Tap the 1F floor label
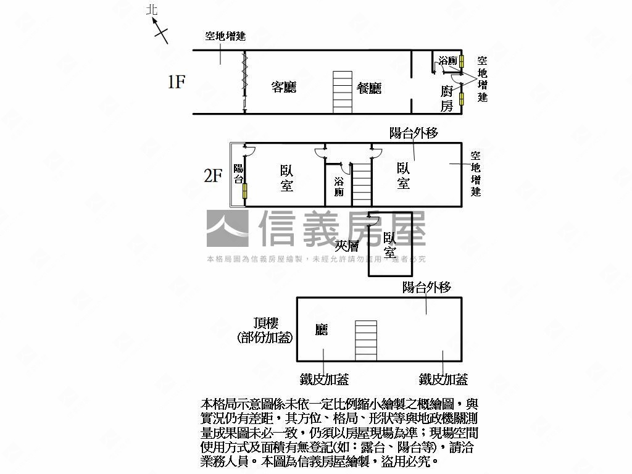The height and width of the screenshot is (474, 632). pyautogui.click(x=177, y=81)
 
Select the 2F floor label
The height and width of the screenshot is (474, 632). pyautogui.click(x=213, y=176)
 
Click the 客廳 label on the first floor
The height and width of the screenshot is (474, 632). pyautogui.click(x=284, y=88)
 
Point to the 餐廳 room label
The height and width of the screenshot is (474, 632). pyautogui.click(x=369, y=88)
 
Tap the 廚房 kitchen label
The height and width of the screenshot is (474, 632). pyautogui.click(x=447, y=99)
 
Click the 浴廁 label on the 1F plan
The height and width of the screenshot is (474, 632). pyautogui.click(x=447, y=61)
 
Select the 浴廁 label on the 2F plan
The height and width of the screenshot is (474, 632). pyautogui.click(x=339, y=186)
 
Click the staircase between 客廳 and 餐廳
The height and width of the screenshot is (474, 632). pyautogui.click(x=343, y=92)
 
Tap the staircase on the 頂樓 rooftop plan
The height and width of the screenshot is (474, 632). pyautogui.click(x=365, y=340)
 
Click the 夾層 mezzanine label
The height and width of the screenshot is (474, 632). pyautogui.click(x=347, y=246)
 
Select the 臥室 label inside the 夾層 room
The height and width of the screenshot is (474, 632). pyautogui.click(x=390, y=246)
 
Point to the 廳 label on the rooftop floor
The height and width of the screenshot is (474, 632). pyautogui.click(x=321, y=330)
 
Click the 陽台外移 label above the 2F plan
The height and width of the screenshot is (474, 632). pyautogui.click(x=414, y=133)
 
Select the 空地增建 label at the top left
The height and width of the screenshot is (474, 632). pyautogui.click(x=225, y=36)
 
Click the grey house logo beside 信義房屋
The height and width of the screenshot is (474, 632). pyautogui.click(x=227, y=228)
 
